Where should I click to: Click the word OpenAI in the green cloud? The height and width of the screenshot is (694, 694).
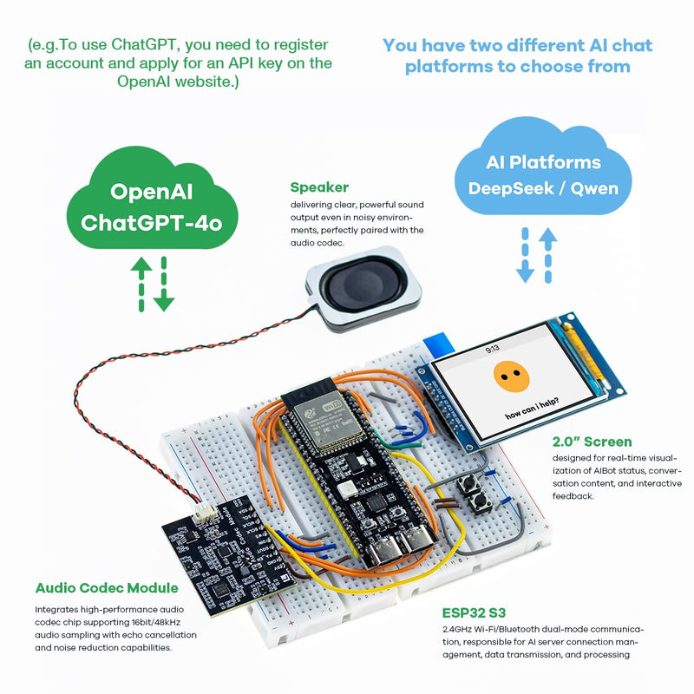pyautogui.click(x=152, y=192)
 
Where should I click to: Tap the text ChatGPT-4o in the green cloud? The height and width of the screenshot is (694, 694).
pyautogui.click(x=152, y=223)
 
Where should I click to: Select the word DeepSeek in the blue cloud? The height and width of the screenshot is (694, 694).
pyautogui.click(x=504, y=188)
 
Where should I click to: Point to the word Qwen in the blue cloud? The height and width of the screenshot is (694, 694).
pyautogui.click(x=594, y=188)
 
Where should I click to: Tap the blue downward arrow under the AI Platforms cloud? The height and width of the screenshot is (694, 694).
pyautogui.click(x=525, y=257)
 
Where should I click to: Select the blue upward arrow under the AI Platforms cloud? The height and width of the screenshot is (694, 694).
pyautogui.click(x=547, y=255)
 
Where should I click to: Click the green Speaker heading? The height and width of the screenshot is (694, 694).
pyautogui.click(x=319, y=187)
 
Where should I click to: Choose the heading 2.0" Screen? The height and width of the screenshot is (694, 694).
pyautogui.click(x=592, y=442)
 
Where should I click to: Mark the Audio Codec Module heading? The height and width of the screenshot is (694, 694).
pyautogui.click(x=107, y=587)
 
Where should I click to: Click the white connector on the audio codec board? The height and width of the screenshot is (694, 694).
pyautogui.click(x=206, y=515)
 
